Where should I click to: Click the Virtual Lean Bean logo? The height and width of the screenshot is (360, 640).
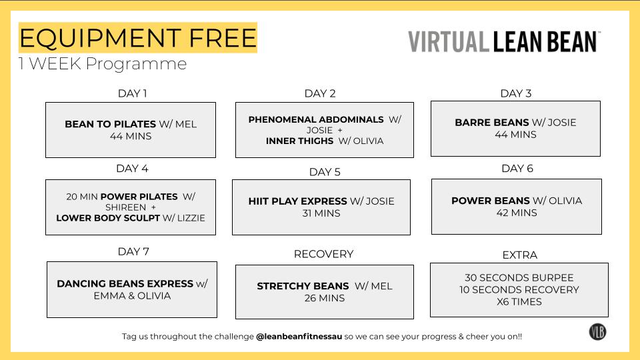click(x=504, y=41)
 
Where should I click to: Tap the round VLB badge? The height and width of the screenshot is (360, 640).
click(x=597, y=331)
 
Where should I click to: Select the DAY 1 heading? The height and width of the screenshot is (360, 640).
click(x=132, y=93)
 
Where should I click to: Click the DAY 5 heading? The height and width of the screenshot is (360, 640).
click(x=325, y=172)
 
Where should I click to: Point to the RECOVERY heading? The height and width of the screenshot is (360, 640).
click(x=323, y=254)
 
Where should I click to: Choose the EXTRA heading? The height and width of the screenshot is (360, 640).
click(x=519, y=255)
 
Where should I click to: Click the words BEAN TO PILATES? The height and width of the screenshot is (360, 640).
click(x=110, y=124)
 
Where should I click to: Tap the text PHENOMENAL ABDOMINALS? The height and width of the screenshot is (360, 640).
click(x=316, y=119)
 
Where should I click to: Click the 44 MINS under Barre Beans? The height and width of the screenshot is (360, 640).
click(x=515, y=135)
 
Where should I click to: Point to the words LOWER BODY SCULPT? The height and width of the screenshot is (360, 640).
click(x=108, y=218)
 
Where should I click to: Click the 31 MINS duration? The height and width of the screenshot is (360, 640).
click(x=321, y=213)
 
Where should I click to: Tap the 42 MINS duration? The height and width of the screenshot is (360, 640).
click(x=517, y=213)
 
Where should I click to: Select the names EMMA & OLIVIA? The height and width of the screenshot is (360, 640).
click(x=132, y=296)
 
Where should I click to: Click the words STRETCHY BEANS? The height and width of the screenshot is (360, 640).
click(x=303, y=286)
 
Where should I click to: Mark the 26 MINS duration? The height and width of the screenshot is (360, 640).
click(x=325, y=298)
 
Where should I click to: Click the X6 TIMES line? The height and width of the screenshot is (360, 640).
click(x=519, y=301)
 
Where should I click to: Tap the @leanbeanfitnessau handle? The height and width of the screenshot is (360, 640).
click(x=299, y=337)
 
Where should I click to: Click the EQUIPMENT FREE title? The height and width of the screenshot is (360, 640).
click(x=137, y=38)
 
